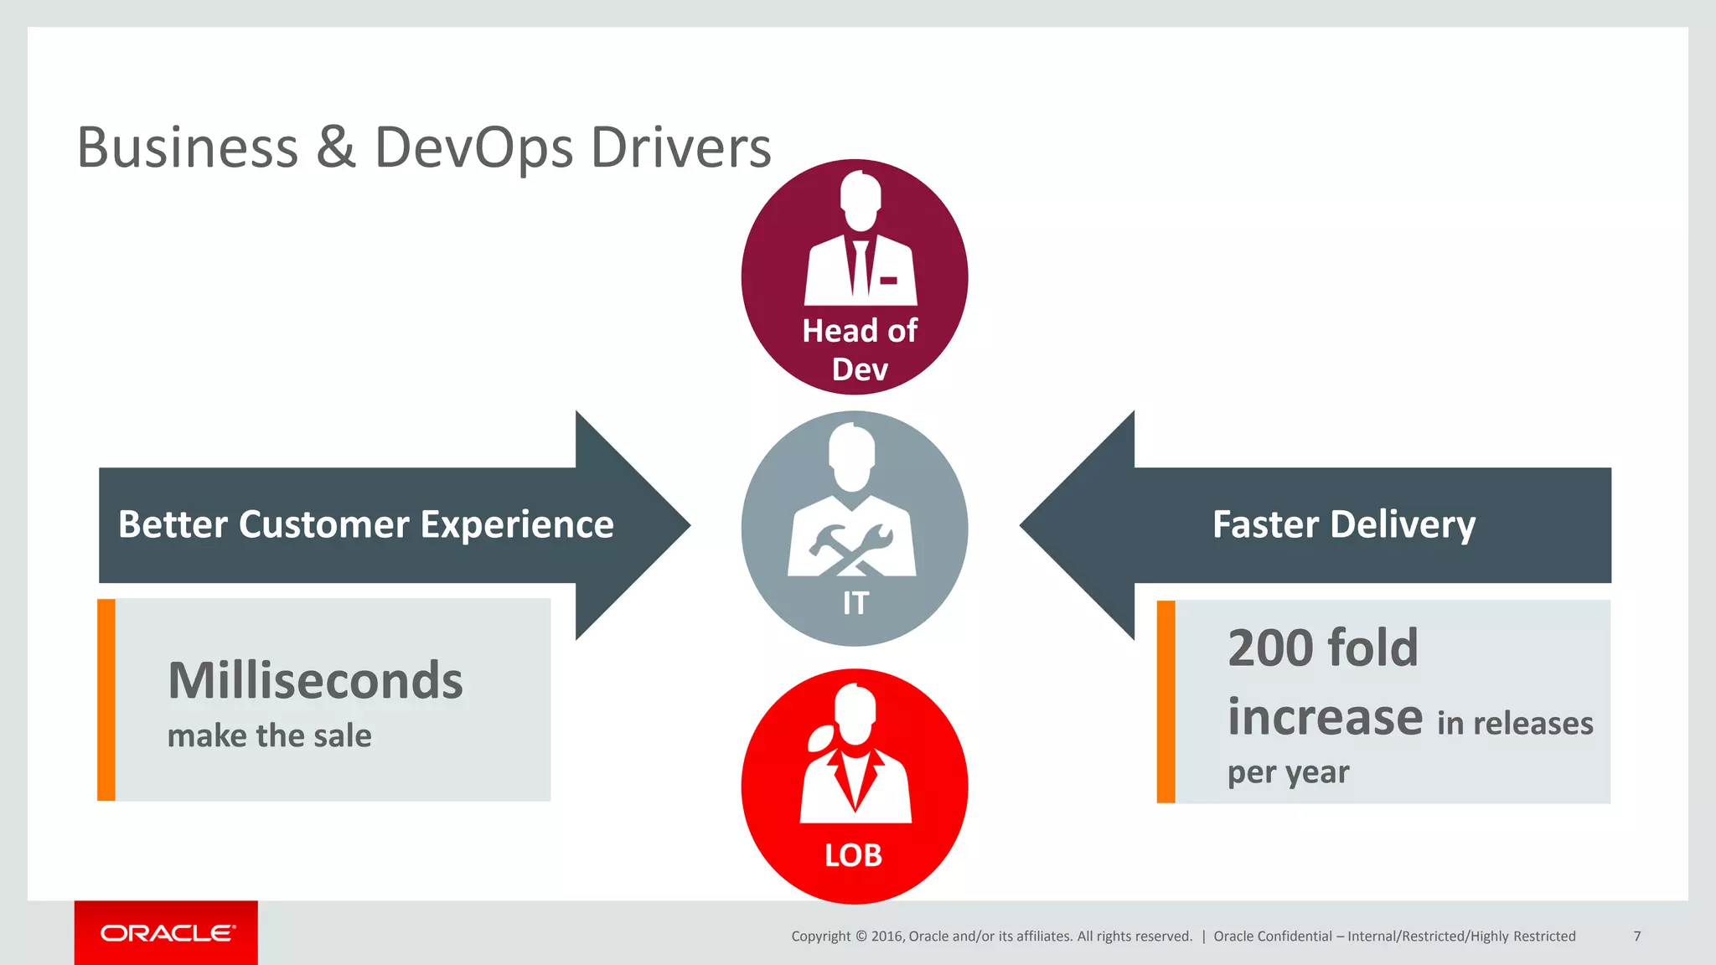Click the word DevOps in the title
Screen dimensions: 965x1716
point(473,148)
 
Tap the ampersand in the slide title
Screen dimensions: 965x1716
point(336,148)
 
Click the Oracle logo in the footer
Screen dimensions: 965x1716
point(167,933)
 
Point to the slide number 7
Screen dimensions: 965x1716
point(1636,936)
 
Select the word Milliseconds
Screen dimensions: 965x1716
point(315,680)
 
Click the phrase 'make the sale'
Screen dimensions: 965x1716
point(269,736)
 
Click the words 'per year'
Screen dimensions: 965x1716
point(1288,772)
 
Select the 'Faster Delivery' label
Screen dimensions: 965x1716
point(1343,525)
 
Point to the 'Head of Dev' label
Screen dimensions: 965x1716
point(859,349)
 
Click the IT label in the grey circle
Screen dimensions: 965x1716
point(855,603)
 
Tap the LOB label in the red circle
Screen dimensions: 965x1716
point(853,855)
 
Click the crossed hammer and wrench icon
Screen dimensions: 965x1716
point(852,550)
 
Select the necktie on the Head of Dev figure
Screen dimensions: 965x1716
point(860,268)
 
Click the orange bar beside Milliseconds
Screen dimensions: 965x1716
point(106,699)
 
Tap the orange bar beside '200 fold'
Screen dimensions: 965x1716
point(1166,701)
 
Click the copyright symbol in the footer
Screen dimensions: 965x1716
point(861,937)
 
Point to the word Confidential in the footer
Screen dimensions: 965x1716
point(1297,937)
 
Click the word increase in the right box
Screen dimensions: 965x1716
point(1325,718)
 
